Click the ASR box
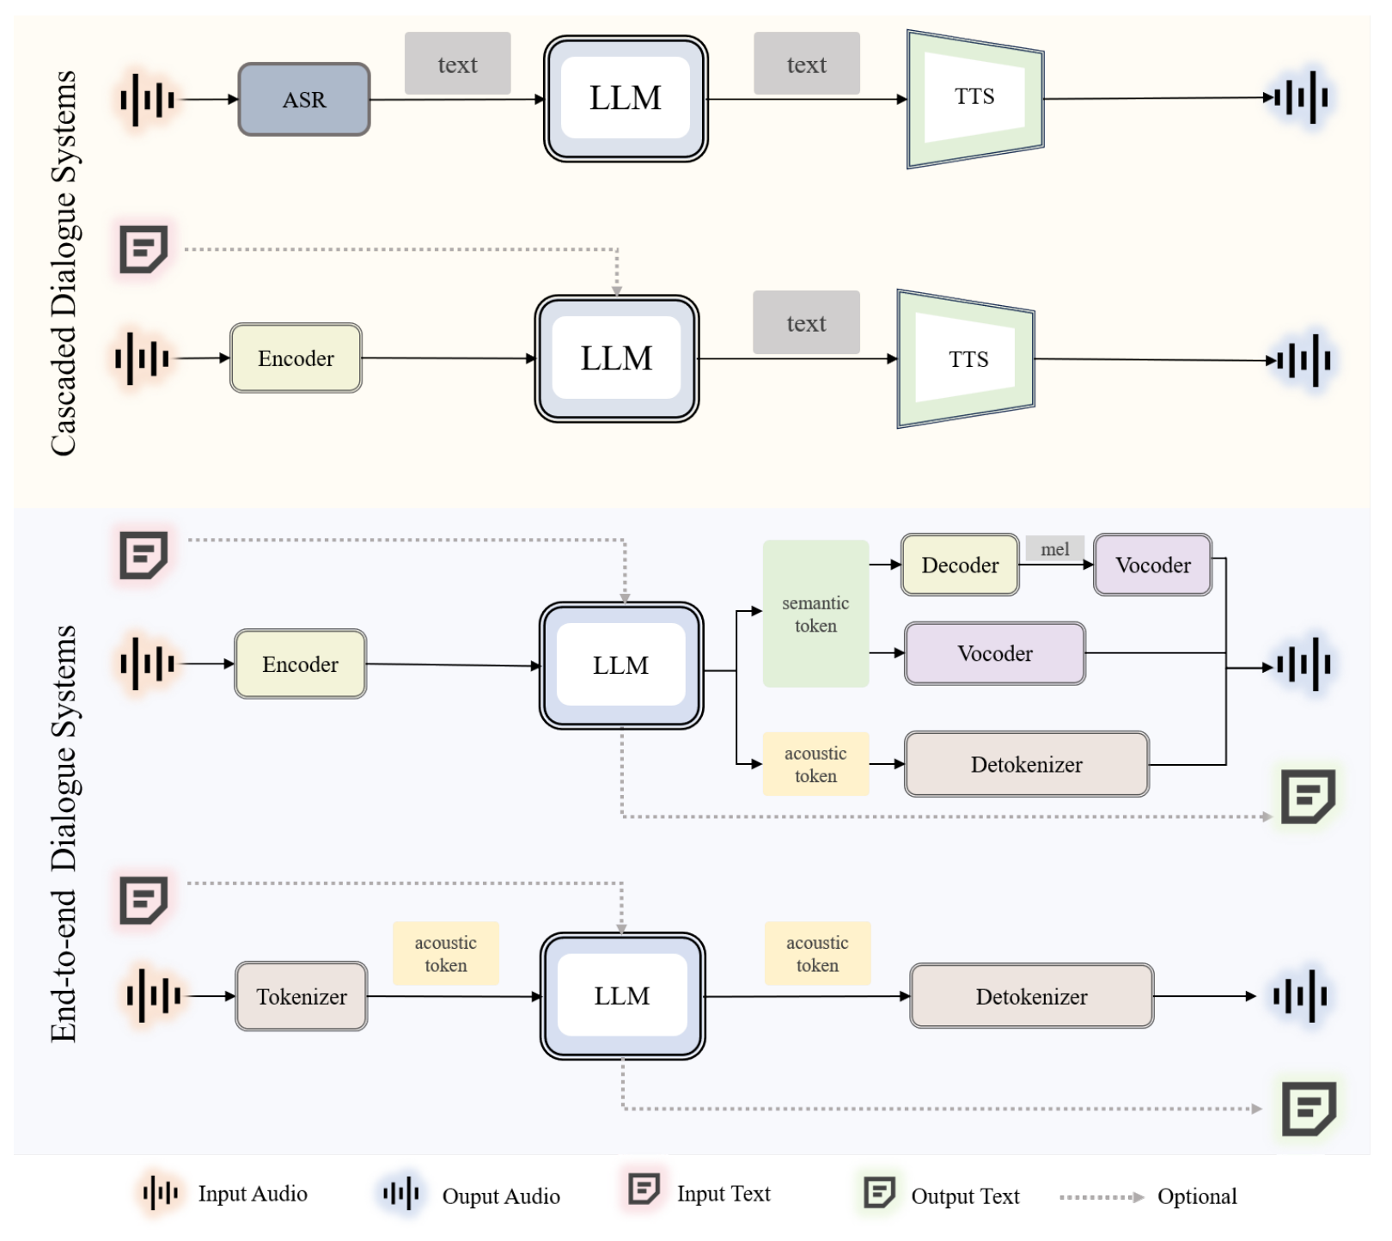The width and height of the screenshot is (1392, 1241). click(x=304, y=100)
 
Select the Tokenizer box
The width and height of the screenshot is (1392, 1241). click(x=302, y=996)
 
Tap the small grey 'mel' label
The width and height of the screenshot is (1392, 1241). click(x=1055, y=549)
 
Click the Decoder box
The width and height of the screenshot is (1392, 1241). click(x=960, y=565)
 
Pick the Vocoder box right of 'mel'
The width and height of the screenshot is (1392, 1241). click(x=1153, y=565)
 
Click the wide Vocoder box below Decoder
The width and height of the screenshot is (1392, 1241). click(x=995, y=653)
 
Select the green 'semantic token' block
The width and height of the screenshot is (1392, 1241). click(x=815, y=614)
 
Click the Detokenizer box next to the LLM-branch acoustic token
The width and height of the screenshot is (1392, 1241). click(x=1027, y=764)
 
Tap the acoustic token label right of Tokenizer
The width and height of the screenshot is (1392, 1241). click(x=446, y=954)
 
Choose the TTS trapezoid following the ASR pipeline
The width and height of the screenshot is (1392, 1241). click(x=975, y=99)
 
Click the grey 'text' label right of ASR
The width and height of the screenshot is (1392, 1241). click(x=458, y=64)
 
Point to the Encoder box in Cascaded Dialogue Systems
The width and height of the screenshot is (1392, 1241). click(x=296, y=358)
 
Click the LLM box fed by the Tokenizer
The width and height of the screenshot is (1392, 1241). click(x=622, y=996)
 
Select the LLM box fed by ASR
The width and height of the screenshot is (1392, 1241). click(x=626, y=99)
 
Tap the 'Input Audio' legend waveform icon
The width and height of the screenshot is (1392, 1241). click(x=160, y=1194)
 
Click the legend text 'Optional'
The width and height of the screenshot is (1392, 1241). click(x=1197, y=1196)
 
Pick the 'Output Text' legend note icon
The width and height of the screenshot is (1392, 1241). click(x=879, y=1193)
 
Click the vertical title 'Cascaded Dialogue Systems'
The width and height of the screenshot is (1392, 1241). click(x=64, y=262)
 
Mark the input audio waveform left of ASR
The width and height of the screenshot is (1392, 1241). click(x=147, y=100)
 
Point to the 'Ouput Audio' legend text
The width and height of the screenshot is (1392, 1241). click(x=501, y=1196)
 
